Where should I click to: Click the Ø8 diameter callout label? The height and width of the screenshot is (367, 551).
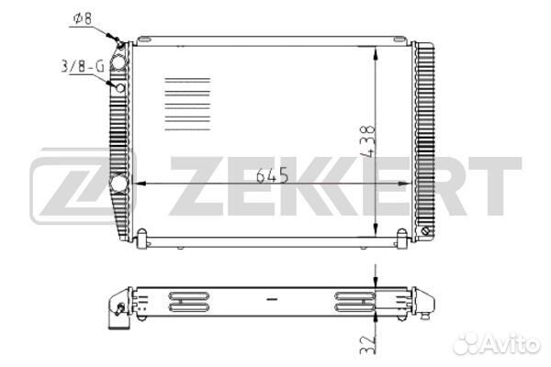pos(83,19)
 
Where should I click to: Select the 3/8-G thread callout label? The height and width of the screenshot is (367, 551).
pos(83,66)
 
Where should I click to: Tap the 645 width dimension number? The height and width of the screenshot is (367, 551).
pos(273,175)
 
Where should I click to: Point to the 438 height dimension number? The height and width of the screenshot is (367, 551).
pos(368,140)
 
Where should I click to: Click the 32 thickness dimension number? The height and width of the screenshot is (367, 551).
pos(368,345)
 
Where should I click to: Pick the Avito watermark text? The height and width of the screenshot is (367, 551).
pos(496,343)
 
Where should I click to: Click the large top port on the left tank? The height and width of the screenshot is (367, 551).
pos(118,62)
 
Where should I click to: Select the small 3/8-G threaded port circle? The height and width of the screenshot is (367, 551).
pos(120,87)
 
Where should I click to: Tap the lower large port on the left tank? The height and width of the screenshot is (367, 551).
pos(118,183)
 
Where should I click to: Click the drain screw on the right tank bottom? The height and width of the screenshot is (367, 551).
pos(425,231)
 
